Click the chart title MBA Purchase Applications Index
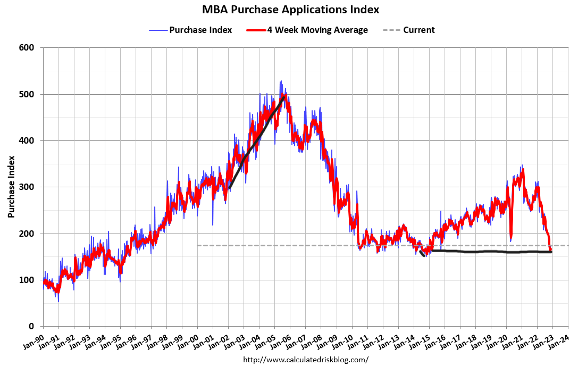pos(290,10)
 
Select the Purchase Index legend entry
pos(200,30)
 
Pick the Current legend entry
pos(418,30)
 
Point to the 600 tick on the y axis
pos(27,48)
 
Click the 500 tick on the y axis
pos(27,94)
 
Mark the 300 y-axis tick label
pos(27,187)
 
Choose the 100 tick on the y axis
pos(27,280)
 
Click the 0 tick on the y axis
pos(32,326)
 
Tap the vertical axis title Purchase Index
pos(11,187)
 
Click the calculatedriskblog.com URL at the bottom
pos(305,360)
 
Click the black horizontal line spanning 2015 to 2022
pos(489,252)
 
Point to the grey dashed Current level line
pos(319,245)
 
